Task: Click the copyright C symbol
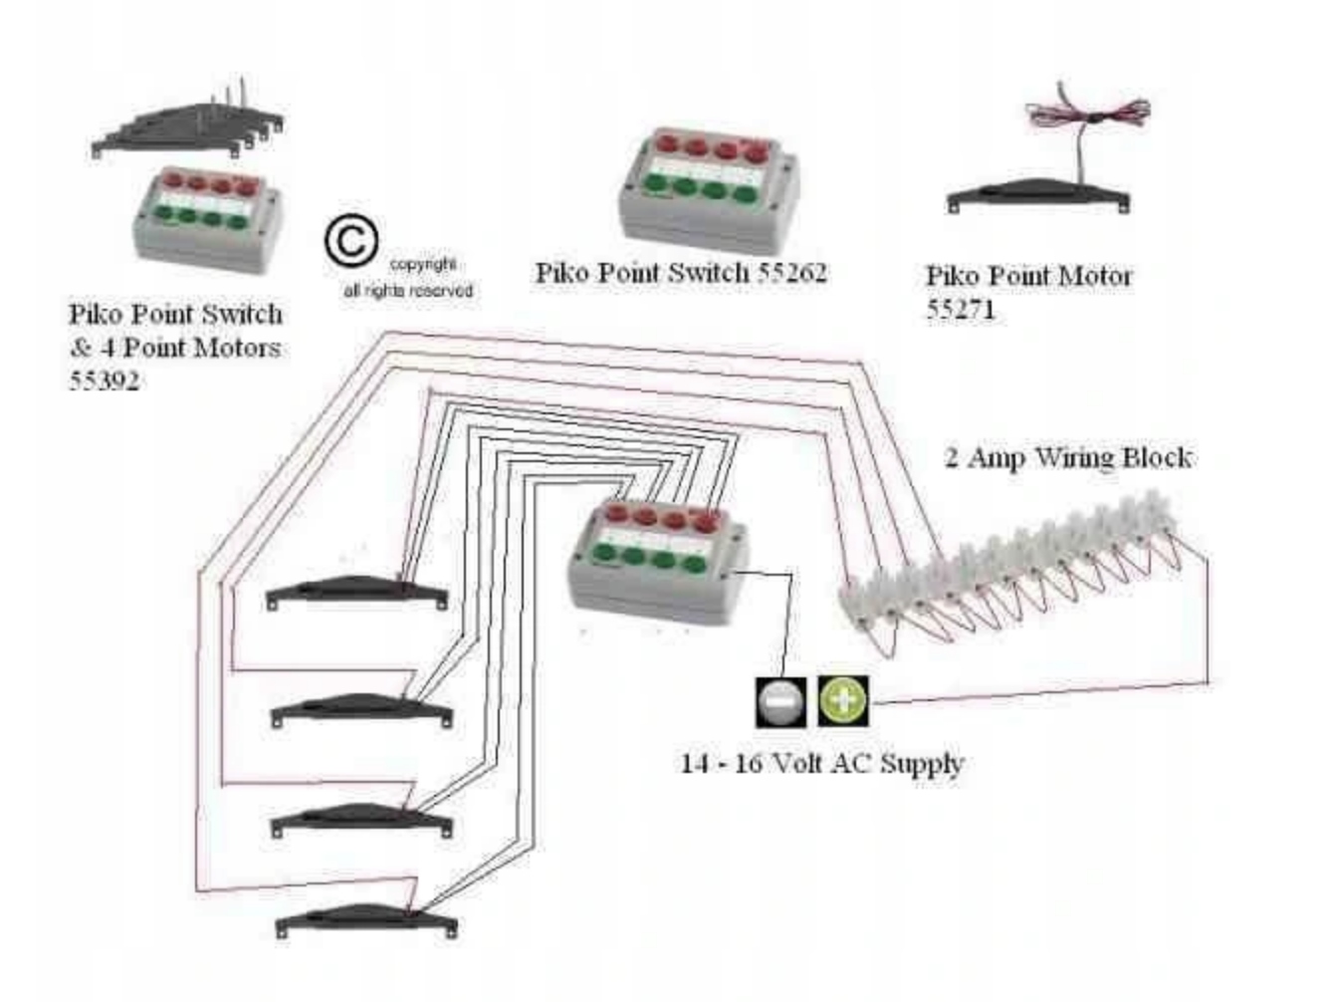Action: pyautogui.click(x=350, y=243)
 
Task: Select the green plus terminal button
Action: pyautogui.click(x=843, y=700)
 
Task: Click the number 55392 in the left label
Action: pyautogui.click(x=104, y=380)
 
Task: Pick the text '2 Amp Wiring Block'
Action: pyautogui.click(x=1067, y=457)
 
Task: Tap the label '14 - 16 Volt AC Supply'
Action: pyautogui.click(x=822, y=764)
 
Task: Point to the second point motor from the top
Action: pyautogui.click(x=362, y=709)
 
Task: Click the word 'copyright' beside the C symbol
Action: pyautogui.click(x=423, y=265)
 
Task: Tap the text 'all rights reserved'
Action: pyautogui.click(x=407, y=291)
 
